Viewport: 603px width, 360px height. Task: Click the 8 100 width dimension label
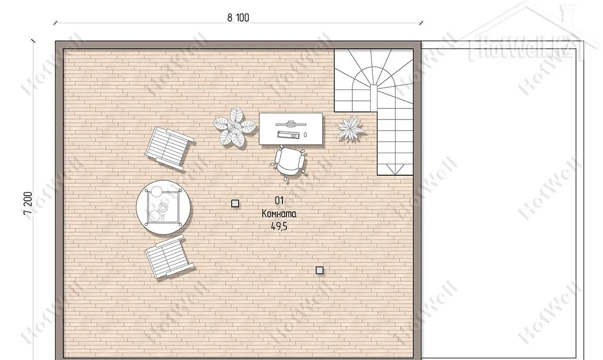(x=238, y=18)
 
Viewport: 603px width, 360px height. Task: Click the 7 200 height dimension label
(x=28, y=203)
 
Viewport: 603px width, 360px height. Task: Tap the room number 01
(x=279, y=200)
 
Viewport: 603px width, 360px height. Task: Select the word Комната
(x=279, y=214)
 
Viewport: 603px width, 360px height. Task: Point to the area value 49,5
(x=279, y=227)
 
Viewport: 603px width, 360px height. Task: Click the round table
(x=163, y=207)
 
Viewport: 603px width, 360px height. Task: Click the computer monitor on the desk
(x=291, y=124)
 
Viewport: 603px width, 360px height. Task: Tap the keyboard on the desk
(x=288, y=135)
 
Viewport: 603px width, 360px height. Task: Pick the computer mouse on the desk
(x=306, y=135)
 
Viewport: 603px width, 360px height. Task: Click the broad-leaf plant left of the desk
(x=234, y=127)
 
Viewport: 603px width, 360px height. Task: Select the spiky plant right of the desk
(x=351, y=128)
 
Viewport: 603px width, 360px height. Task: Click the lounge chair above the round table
(x=169, y=148)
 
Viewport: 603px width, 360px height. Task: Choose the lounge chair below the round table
(x=169, y=257)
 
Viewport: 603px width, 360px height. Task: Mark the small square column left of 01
(x=235, y=204)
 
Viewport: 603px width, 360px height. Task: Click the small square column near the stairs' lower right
(x=320, y=271)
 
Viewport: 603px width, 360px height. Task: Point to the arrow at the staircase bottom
(x=395, y=169)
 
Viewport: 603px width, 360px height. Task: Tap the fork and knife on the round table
(x=163, y=218)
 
